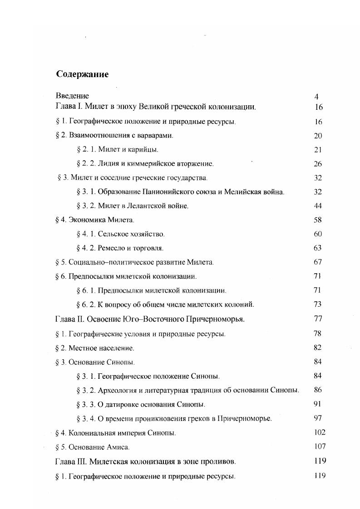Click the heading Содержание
(x=82, y=74)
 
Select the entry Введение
(x=72, y=96)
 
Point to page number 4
(x=317, y=96)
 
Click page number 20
(x=317, y=136)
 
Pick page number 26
(x=317, y=163)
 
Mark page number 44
(x=317, y=206)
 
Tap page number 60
(x=317, y=234)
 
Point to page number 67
(x=317, y=262)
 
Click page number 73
(x=317, y=303)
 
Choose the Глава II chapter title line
(x=150, y=318)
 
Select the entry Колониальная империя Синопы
(x=115, y=433)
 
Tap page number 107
(x=320, y=446)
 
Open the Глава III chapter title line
(x=145, y=461)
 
